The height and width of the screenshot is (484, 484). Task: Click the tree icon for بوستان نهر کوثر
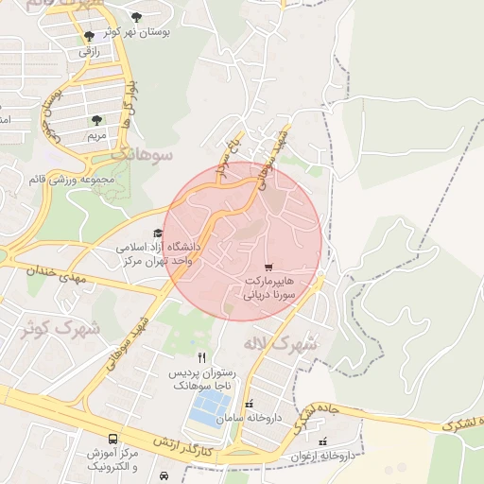point(137,17)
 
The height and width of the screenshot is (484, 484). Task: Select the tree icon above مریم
point(96,120)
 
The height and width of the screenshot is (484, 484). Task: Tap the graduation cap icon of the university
point(157,233)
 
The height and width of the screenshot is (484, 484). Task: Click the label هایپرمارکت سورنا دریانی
point(271,288)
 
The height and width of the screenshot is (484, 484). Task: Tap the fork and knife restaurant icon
point(200,358)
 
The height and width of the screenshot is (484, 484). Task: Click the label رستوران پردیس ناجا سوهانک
point(206,380)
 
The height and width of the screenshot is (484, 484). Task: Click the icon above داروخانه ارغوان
point(324,441)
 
